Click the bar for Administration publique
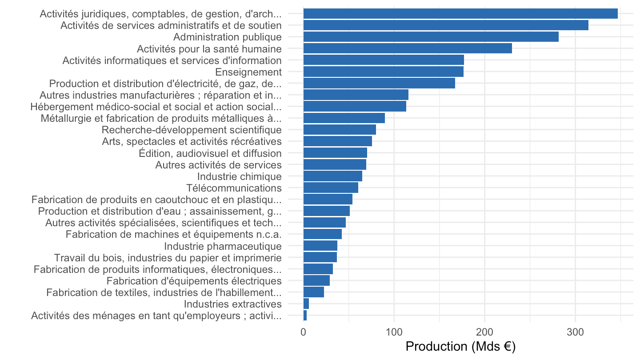tap(431, 37)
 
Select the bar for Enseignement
tap(384, 72)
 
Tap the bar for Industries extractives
tap(306, 304)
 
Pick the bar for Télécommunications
tap(331, 188)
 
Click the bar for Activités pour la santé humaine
tap(408, 48)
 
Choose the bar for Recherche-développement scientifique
tap(340, 130)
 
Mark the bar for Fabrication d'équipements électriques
tap(316, 280)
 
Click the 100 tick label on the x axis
tap(394, 332)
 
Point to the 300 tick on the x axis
tap(575, 332)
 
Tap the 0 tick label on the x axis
tap(304, 332)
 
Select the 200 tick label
tap(484, 332)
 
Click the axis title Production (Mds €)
tap(460, 347)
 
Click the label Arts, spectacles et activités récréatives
tap(192, 141)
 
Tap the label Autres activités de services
tap(219, 165)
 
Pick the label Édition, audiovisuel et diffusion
tap(210, 153)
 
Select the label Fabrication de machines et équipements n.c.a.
tap(174, 234)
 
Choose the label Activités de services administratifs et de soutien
tap(171, 25)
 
